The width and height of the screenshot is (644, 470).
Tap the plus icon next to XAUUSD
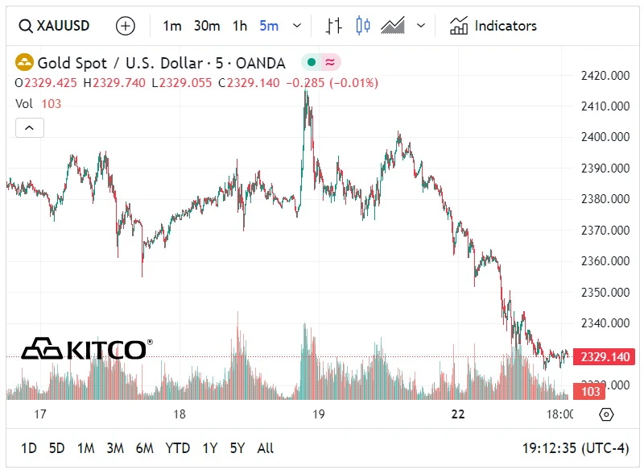tap(126, 26)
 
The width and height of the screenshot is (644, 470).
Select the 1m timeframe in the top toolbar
tap(172, 26)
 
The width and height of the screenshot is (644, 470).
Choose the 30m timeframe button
tap(207, 26)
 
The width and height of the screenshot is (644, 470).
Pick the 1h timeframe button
tap(240, 26)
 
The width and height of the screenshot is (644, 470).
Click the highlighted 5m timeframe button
tap(269, 26)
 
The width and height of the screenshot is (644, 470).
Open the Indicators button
tap(493, 26)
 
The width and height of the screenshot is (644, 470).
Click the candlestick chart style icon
tap(363, 26)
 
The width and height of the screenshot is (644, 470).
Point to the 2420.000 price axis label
tap(605, 76)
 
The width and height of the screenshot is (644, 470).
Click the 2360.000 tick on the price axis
tap(605, 261)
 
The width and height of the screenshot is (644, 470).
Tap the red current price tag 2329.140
tap(604, 356)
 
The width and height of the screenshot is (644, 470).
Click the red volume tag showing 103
tap(592, 392)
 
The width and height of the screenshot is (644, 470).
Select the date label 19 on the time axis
tap(318, 414)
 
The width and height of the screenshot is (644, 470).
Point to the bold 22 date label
tap(458, 414)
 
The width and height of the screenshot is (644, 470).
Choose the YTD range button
tap(178, 448)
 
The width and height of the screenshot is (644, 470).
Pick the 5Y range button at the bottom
tap(237, 448)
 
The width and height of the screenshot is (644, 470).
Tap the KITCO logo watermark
tap(85, 349)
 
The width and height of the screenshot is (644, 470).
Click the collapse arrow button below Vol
tap(30, 127)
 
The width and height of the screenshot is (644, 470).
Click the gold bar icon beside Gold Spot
tap(25, 62)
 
